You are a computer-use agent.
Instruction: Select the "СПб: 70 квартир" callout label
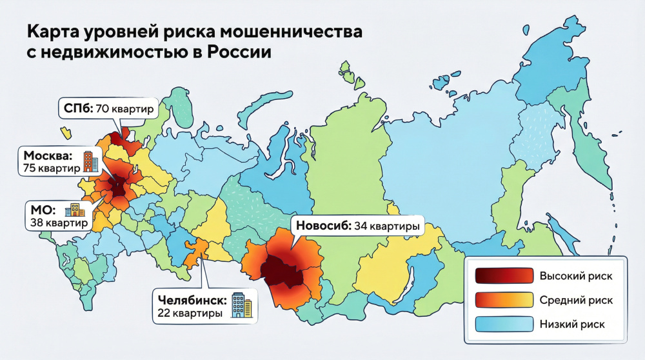(108, 108)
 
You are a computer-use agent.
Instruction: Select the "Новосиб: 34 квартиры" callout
(356, 226)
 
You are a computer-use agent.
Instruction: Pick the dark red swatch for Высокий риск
(503, 276)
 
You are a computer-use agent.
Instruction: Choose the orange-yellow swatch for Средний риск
(503, 299)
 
